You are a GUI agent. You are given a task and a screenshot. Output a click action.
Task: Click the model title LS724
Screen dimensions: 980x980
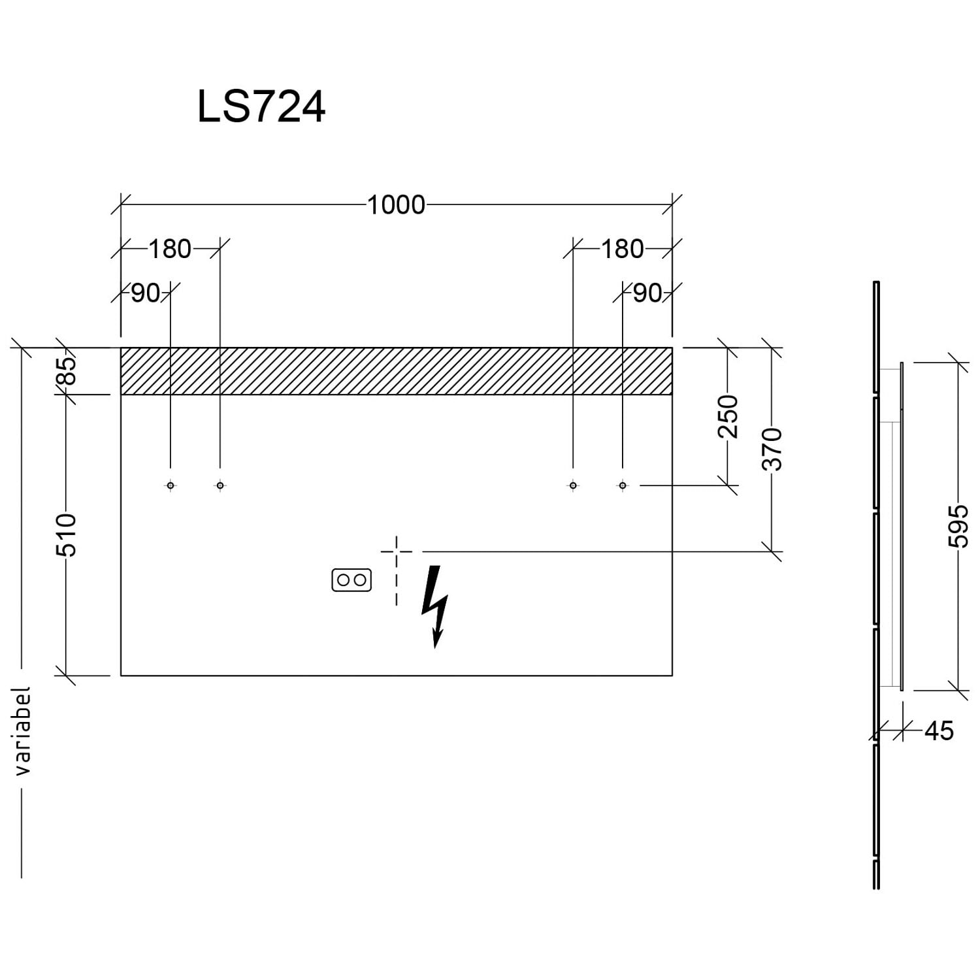261,107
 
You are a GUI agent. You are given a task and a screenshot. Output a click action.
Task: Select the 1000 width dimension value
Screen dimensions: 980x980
396,205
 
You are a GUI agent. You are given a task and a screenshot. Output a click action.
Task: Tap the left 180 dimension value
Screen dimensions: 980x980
170,249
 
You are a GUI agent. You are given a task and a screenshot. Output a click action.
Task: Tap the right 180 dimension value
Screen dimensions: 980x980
622,249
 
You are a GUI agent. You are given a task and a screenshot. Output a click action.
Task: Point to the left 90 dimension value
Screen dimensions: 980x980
145,294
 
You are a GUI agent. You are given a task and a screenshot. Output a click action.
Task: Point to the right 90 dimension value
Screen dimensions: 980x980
647,294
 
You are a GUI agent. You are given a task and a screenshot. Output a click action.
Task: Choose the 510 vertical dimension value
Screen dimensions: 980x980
67,534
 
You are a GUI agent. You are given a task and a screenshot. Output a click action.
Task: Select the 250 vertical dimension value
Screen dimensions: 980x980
728,416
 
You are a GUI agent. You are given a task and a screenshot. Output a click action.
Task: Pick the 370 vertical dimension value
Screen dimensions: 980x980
772,449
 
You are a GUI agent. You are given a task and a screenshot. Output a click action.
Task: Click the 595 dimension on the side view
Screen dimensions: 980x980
958,525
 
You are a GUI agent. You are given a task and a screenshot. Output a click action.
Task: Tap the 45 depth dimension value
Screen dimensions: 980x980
939,731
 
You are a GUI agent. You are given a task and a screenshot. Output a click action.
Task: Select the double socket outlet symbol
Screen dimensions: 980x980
351,580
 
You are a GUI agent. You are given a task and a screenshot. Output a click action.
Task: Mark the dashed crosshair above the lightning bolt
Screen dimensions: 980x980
397,552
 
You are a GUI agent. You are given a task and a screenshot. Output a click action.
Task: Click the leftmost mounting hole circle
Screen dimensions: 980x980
171,485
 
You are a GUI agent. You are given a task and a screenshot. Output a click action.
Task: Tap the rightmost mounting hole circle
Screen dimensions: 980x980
623,485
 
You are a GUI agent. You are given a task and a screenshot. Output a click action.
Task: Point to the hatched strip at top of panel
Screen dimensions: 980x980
396,371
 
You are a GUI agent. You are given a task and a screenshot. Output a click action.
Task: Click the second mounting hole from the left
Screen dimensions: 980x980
220,485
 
